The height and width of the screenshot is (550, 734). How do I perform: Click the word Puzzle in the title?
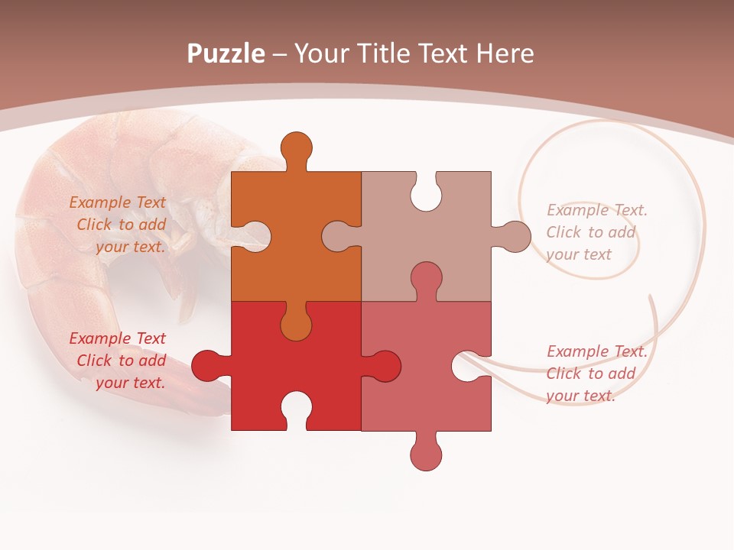coord(226,54)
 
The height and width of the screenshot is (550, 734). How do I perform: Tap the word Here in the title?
coord(505,54)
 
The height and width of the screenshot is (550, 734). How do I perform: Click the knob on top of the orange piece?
coord(296,148)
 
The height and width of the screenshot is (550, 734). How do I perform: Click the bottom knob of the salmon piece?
coord(426,455)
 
